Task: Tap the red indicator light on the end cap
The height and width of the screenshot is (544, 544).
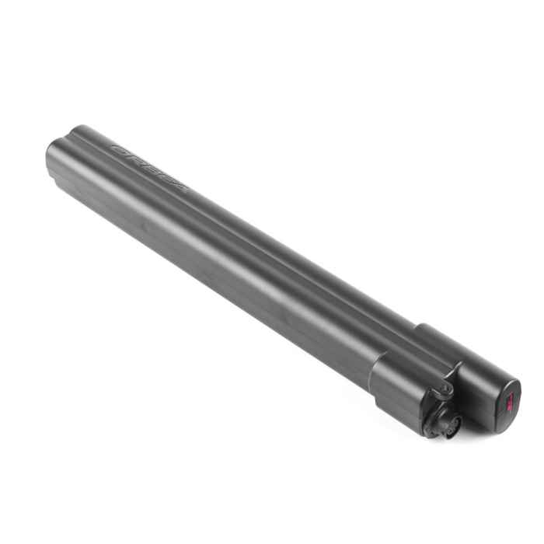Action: click(510, 401)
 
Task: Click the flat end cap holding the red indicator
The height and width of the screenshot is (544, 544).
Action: click(507, 400)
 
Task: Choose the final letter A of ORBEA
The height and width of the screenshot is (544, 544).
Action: click(179, 185)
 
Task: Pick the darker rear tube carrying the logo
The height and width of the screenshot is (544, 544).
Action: click(256, 225)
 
